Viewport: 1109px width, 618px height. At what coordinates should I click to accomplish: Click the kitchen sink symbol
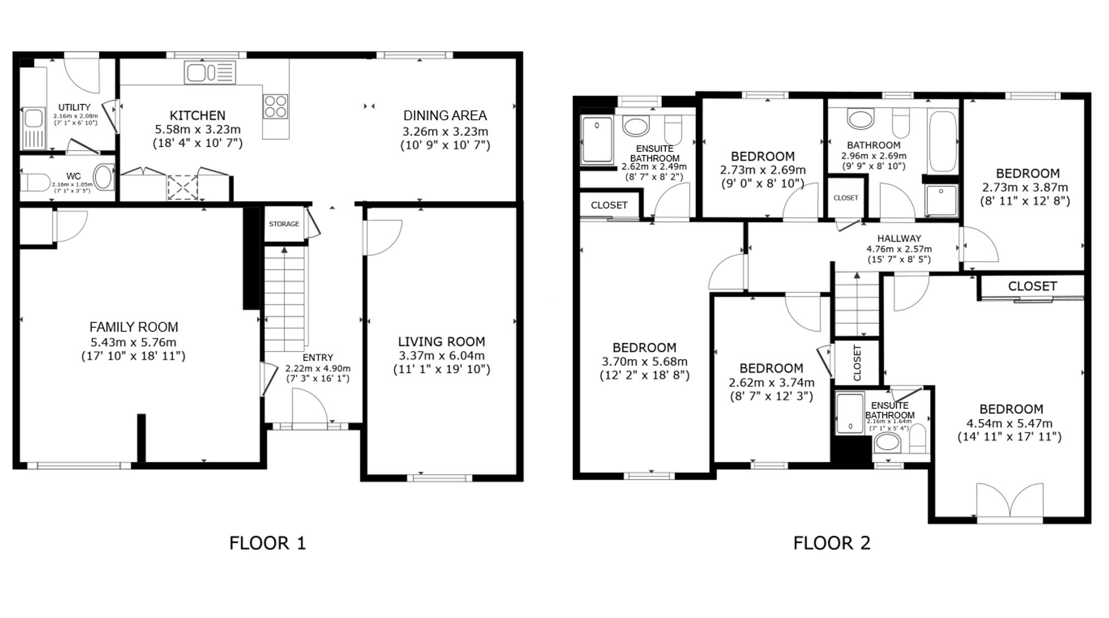(210, 73)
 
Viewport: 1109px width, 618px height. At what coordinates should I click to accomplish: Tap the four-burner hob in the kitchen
(276, 107)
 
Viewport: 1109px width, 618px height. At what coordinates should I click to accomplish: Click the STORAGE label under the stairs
(284, 224)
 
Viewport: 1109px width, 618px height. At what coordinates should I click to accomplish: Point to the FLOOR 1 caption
(267, 543)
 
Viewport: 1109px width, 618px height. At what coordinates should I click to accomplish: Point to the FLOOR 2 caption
(832, 543)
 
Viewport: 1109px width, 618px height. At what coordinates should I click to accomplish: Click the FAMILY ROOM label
(134, 327)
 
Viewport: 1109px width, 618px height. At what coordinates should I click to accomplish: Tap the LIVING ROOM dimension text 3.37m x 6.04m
(441, 356)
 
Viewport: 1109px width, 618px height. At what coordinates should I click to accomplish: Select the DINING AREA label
(445, 115)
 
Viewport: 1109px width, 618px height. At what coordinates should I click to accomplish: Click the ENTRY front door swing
(309, 406)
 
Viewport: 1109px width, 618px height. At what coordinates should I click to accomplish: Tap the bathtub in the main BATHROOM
(943, 142)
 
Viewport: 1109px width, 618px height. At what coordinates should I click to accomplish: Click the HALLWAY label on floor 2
(899, 238)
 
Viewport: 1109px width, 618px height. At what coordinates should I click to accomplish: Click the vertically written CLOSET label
(857, 363)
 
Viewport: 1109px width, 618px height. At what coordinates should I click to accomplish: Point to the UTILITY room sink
(34, 129)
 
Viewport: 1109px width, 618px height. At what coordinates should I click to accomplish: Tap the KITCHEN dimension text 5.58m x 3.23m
(197, 130)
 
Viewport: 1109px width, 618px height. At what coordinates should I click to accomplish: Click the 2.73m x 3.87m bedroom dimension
(1027, 187)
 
